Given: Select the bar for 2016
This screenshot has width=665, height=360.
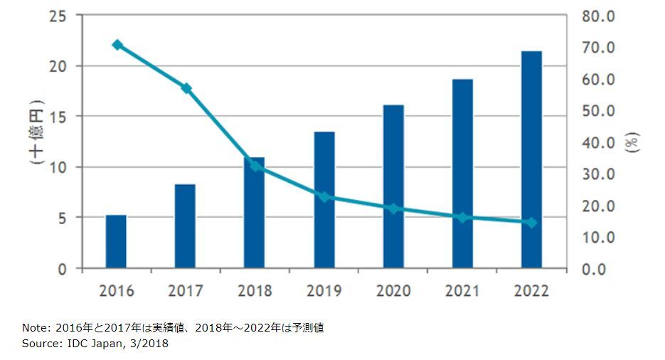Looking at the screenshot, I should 116,242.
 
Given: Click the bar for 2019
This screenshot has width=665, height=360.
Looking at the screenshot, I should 324,200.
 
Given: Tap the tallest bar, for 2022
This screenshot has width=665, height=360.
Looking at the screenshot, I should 531,160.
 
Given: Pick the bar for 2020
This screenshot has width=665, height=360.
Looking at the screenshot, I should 393,187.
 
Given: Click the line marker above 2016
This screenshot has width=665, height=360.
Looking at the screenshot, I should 117,45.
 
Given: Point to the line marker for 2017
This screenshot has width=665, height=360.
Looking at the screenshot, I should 186,88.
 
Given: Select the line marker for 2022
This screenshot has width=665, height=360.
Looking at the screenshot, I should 531,223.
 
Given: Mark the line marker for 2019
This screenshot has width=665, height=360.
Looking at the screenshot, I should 324,196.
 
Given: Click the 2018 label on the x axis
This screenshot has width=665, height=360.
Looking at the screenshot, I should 255,291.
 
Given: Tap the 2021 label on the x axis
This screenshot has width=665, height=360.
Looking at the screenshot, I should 462,291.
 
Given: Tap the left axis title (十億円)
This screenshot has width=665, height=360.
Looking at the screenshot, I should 36,132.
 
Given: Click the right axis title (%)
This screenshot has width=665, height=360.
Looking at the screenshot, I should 633,142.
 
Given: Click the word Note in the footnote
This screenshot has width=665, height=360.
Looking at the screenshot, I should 33,328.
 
